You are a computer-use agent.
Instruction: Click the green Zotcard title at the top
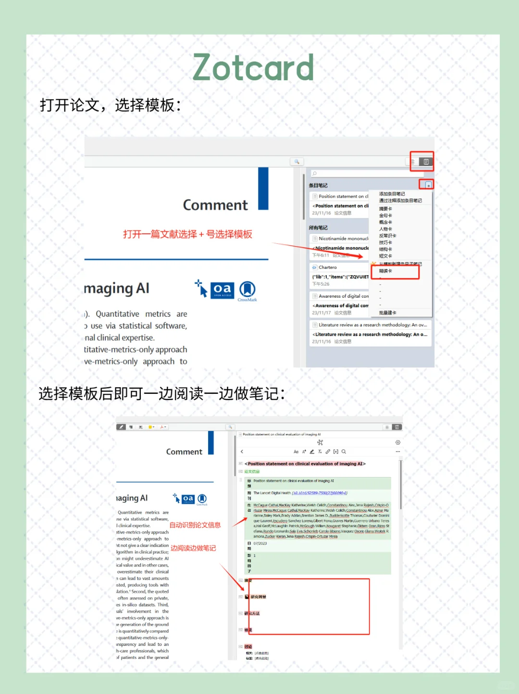(253, 68)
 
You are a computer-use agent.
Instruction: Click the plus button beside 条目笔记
(428, 185)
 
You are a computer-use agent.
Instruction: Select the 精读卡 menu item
(385, 271)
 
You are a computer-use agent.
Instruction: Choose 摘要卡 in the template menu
(385, 209)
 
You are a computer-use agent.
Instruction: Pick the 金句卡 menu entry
(385, 215)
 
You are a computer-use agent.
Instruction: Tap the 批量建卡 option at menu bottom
(387, 313)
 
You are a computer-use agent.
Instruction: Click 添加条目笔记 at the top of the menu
(392, 194)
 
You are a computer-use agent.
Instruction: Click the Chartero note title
(327, 267)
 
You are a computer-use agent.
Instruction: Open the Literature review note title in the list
(372, 325)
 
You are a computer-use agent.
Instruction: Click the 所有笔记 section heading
(318, 227)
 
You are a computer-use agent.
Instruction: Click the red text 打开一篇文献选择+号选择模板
(187, 234)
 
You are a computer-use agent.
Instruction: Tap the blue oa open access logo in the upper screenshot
(222, 289)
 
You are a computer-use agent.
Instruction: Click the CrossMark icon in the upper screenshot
(247, 290)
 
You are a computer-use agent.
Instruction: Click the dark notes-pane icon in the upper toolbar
(426, 162)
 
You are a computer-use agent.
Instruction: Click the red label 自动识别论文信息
(195, 525)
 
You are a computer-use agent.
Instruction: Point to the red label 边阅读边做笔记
(193, 548)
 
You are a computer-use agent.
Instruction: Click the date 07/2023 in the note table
(260, 543)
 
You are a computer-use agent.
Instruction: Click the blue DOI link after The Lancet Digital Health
(319, 493)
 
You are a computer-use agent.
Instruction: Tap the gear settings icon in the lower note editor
(397, 442)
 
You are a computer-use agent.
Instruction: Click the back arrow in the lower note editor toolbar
(242, 452)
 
